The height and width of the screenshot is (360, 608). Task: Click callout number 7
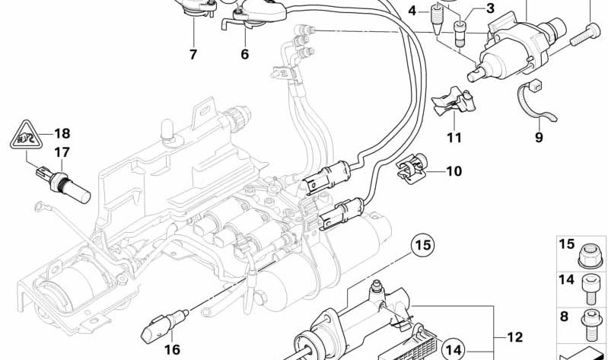pyautogui.click(x=193, y=55)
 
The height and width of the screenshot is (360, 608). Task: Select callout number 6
pyautogui.click(x=244, y=55)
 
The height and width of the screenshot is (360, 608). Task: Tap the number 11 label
pyautogui.click(x=454, y=138)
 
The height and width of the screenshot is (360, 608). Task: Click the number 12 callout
pyautogui.click(x=517, y=336)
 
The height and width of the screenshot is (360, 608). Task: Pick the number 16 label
pyautogui.click(x=173, y=349)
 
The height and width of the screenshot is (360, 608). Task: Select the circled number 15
pyautogui.click(x=423, y=245)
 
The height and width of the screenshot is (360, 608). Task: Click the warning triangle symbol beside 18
pyautogui.click(x=27, y=138)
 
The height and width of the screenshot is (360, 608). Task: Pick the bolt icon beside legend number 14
pyautogui.click(x=590, y=283)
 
